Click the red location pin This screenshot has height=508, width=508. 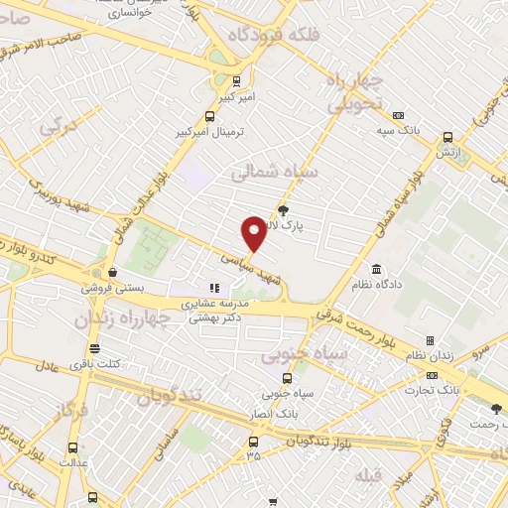tap(254, 232)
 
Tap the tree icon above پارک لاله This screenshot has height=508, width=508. tap(285, 209)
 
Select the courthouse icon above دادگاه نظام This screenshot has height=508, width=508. tap(377, 269)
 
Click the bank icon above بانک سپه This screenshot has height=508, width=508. tap(398, 114)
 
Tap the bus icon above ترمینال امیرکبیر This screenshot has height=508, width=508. tap(235, 81)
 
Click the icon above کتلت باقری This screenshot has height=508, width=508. tap(94, 348)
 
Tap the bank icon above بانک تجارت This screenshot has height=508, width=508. tap(432, 375)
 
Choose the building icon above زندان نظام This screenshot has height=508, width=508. tap(429, 340)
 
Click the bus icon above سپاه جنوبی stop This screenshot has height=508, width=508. tap(286, 378)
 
